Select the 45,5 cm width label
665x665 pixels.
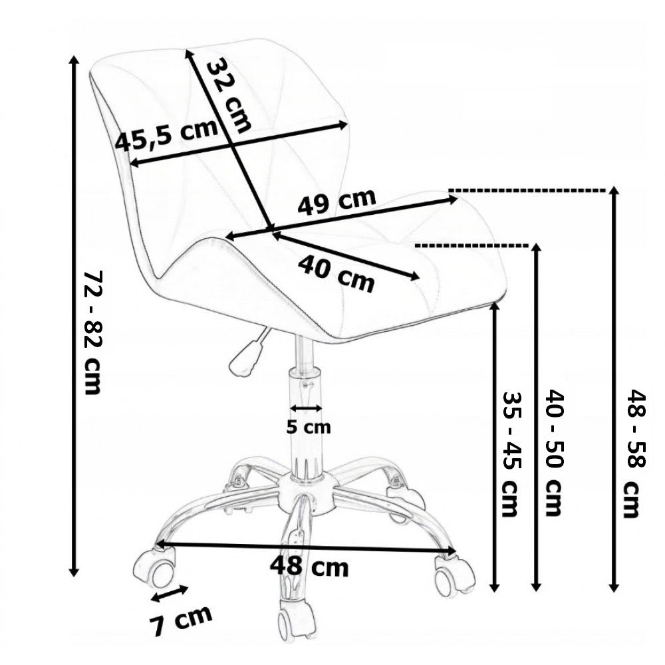click(x=166, y=136)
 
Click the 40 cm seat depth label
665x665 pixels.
click(x=336, y=273)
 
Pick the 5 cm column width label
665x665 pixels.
click(x=308, y=427)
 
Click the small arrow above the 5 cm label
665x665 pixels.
click(x=307, y=408)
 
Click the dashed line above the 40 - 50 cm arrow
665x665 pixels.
click(x=475, y=245)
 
